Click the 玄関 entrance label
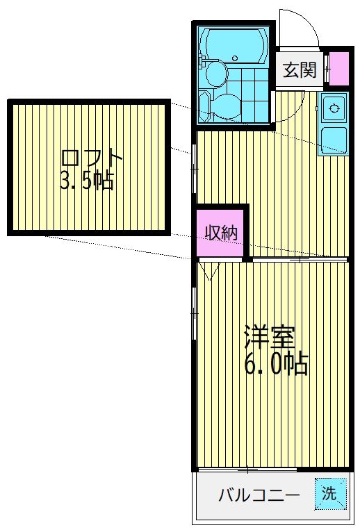coord(300,69)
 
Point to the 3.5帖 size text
coord(86,182)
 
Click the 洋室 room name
coord(270,338)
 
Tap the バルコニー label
coord(259,496)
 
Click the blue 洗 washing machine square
coord(329,493)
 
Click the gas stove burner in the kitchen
coord(334,108)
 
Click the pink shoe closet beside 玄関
coord(338,69)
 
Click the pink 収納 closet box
coord(221,232)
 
